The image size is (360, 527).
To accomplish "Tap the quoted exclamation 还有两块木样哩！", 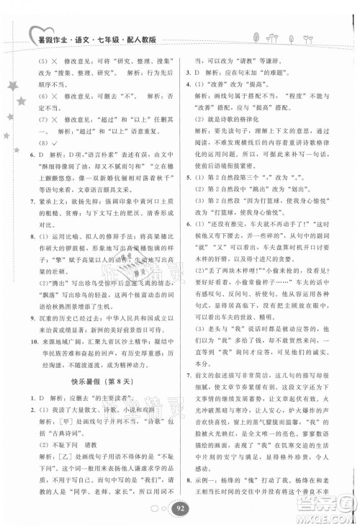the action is (x=234, y=254).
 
